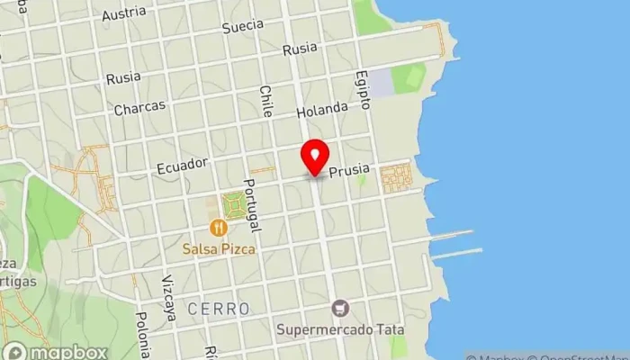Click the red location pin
[315, 157]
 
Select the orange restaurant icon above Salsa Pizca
[217, 228]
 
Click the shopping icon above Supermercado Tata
[339, 309]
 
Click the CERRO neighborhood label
[219, 309]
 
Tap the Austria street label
[123, 14]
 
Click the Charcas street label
[139, 107]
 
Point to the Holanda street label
[321, 109]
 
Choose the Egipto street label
[363, 90]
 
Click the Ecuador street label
[182, 166]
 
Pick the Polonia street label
[142, 335]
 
